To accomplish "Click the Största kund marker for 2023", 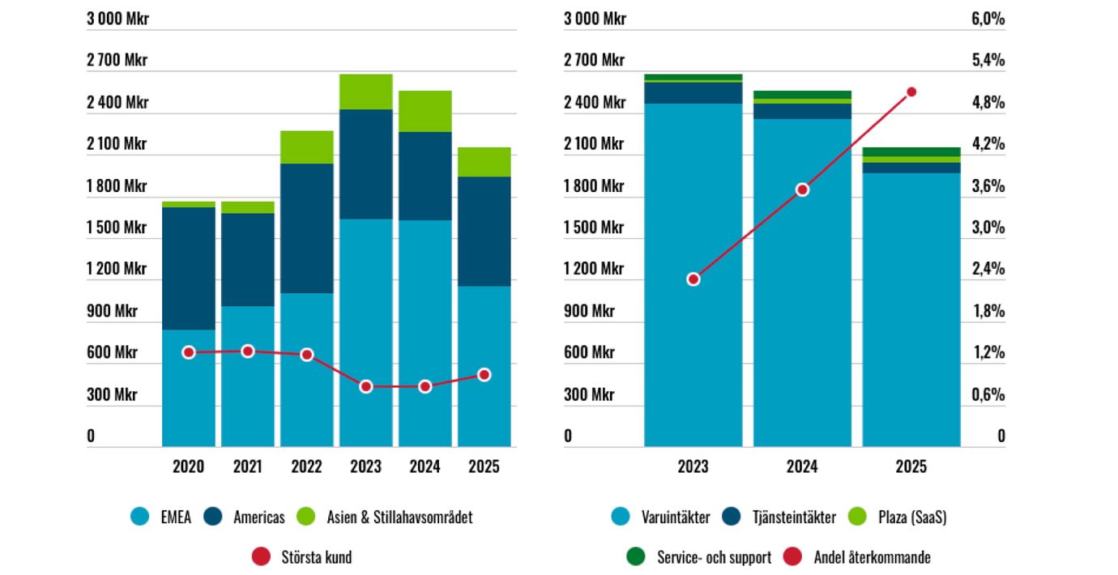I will click(x=366, y=386).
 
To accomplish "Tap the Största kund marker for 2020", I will click(x=189, y=352).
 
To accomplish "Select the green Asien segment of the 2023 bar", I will click(x=366, y=92).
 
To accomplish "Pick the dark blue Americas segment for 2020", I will click(x=189, y=268).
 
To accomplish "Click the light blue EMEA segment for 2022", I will click(x=307, y=369).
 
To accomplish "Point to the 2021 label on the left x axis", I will click(x=248, y=466).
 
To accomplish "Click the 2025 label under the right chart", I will click(x=911, y=466).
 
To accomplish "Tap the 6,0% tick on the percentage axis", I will click(x=988, y=19).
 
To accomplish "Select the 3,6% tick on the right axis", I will click(x=988, y=186).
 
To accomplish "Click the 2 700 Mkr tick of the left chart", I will click(x=117, y=61).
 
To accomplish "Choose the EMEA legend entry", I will click(x=161, y=517).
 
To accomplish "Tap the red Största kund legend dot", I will click(x=261, y=557).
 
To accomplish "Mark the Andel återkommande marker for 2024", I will click(x=802, y=190).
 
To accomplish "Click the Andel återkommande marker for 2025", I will click(x=911, y=92).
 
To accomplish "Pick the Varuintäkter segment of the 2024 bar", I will click(x=802, y=283).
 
